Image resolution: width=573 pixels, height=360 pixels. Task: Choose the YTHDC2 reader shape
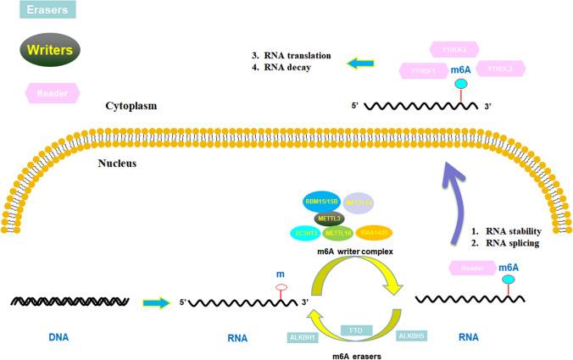click(503, 69)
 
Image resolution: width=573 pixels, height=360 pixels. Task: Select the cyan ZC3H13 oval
click(311, 231)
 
